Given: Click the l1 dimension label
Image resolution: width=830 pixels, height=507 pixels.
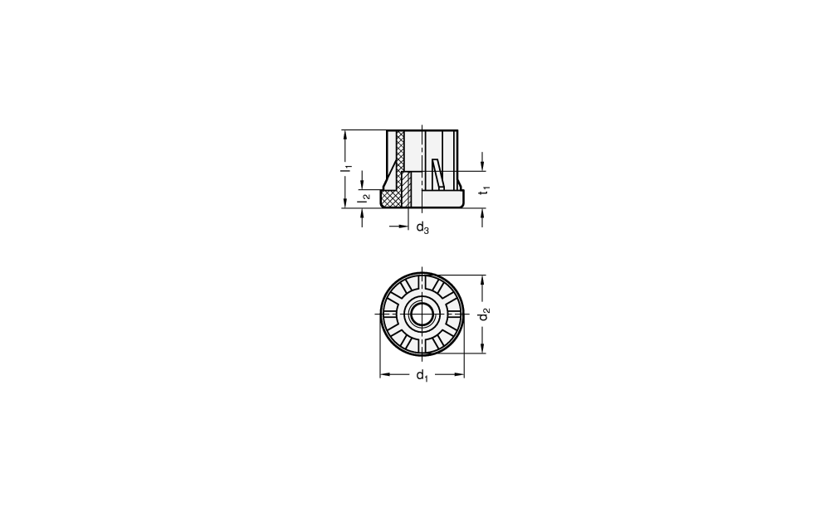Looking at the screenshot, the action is click(346, 168).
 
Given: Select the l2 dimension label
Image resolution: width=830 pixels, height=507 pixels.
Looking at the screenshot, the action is click(364, 199).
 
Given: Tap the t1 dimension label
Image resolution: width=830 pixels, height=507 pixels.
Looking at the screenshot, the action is click(485, 190).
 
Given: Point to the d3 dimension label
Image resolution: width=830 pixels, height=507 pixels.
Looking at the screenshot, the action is click(422, 228).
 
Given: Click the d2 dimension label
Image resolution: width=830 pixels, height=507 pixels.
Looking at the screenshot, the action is click(484, 314).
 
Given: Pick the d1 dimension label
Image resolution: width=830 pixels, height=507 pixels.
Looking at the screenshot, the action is click(422, 376).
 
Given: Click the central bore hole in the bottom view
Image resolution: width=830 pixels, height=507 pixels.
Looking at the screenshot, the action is click(422, 314).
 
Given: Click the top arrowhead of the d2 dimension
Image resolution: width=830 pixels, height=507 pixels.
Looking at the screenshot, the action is click(482, 280).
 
